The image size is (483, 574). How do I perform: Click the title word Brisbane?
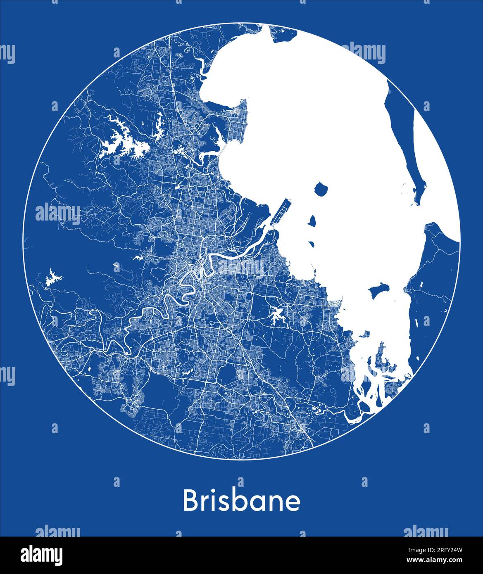pos(241,500)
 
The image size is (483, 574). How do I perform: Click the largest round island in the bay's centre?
pos(321,190)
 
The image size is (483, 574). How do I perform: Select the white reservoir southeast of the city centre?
pos(276,316)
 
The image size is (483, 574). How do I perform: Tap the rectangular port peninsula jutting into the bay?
pos(281,211)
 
